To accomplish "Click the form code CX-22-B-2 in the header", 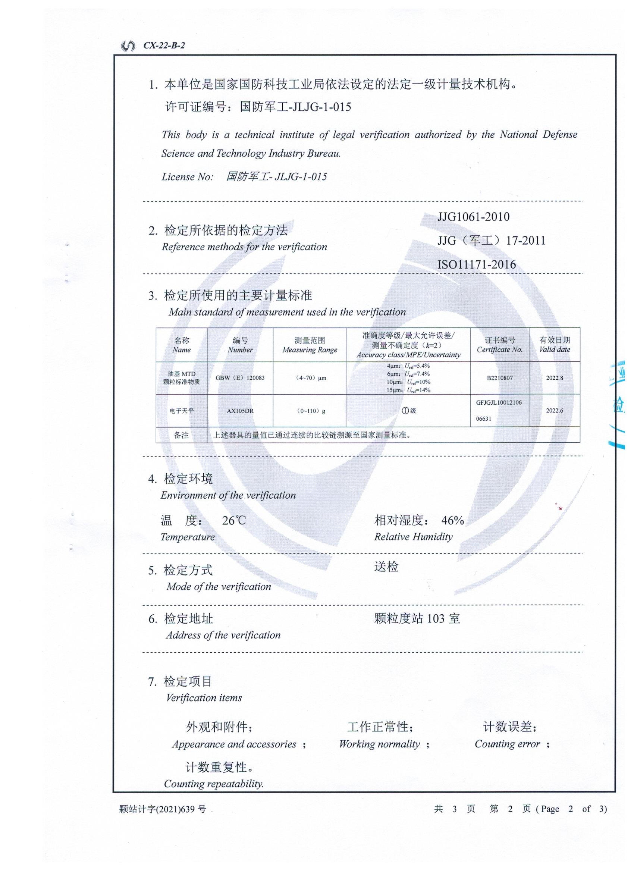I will coord(164,46).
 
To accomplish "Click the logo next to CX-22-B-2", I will coord(128,46).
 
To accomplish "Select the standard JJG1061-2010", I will coord(473,217).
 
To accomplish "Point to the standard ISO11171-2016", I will coord(477,265).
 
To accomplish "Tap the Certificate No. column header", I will coord(499,345).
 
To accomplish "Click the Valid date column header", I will coord(555,345).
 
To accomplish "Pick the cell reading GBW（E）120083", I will coord(240,378).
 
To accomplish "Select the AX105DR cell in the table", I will coord(240,411).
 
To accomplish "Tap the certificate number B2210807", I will coord(499,378).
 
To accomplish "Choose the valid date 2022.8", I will coord(555,378).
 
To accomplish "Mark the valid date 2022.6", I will coord(555,411).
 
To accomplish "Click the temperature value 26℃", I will coord(234,521).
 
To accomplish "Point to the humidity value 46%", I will coord(452,521).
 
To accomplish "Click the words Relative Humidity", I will coord(413,537).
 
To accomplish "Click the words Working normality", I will coord(380,744).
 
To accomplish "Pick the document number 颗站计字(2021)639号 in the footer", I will coord(163,809).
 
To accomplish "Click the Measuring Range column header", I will coord(310,345).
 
